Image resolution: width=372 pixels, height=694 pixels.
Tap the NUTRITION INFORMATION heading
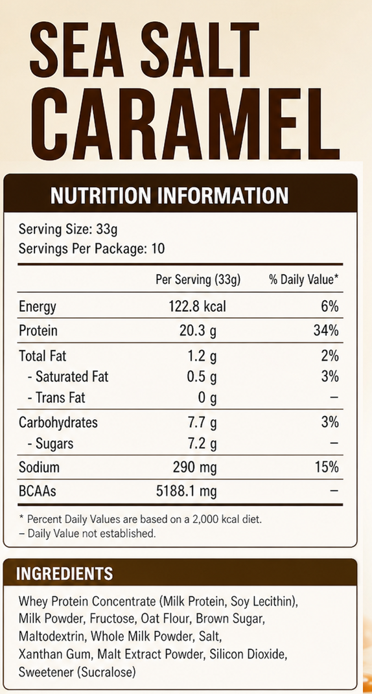170,196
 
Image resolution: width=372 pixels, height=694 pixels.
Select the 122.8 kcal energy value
198,307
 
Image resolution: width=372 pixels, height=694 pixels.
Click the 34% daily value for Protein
326,330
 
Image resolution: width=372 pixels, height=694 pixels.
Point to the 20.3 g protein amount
198,331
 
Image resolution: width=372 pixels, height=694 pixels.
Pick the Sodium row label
39,467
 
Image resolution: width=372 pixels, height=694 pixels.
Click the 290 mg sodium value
194,468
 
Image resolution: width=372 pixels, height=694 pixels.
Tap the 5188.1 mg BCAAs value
186,491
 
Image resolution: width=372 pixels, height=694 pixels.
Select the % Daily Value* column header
304,280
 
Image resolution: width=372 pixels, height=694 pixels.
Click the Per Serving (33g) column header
198,280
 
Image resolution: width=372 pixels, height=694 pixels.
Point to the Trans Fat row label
56,398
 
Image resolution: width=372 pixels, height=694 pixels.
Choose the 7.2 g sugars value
201,443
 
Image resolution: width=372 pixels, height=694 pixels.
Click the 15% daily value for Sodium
327,467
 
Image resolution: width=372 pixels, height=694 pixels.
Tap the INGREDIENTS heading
64,573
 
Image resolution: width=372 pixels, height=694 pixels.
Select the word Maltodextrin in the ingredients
52,636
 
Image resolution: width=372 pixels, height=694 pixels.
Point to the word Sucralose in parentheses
106,673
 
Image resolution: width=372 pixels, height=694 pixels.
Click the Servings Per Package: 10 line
91,249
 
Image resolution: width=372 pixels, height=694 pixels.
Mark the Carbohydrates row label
58,422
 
